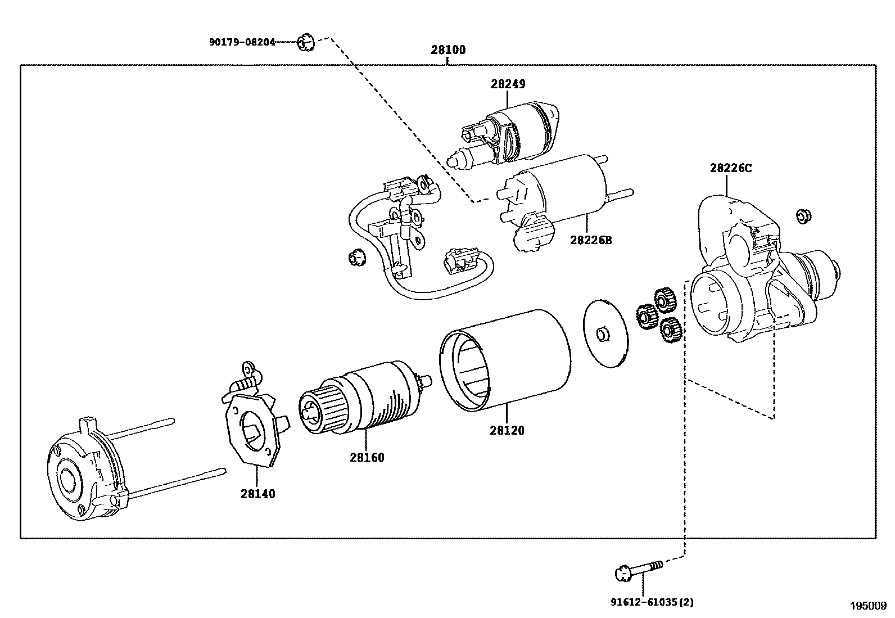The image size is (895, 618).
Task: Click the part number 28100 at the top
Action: click(448, 50)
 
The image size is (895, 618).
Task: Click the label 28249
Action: click(508, 84)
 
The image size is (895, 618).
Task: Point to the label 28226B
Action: click(591, 240)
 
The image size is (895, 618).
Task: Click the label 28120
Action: click(507, 431)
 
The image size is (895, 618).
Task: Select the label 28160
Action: click(367, 458)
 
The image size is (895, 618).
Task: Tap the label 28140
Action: click(258, 494)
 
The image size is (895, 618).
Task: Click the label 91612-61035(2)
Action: click(652, 602)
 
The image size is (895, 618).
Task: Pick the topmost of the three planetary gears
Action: click(665, 300)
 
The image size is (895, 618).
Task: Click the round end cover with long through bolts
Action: click(84, 478)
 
